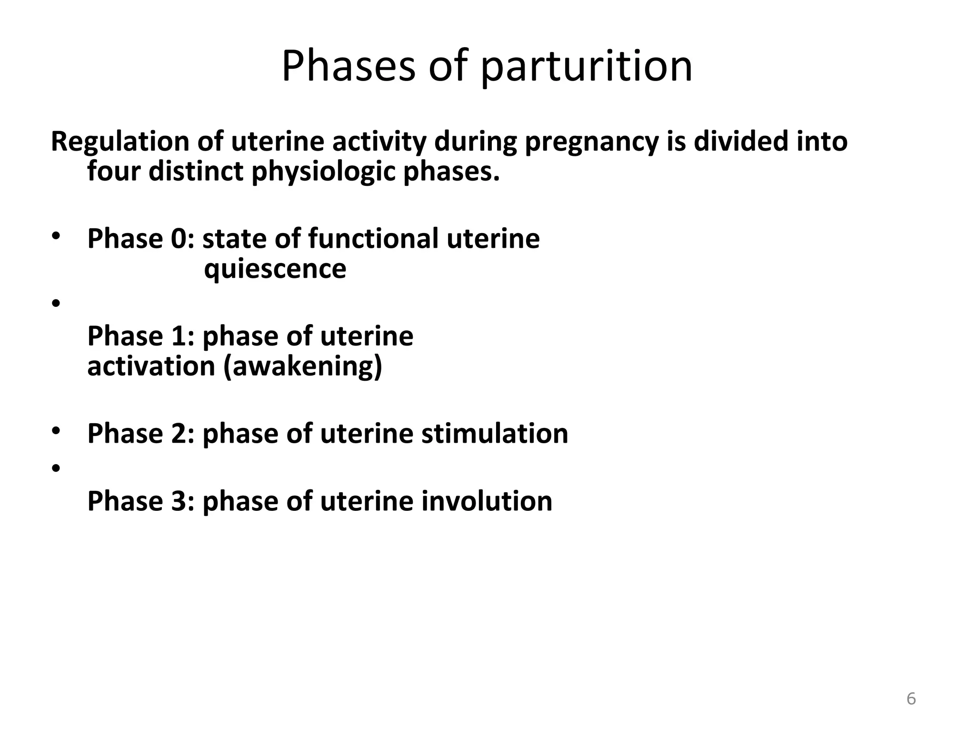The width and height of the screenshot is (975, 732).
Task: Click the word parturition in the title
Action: click(586, 67)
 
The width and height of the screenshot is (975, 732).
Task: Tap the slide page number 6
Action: click(911, 699)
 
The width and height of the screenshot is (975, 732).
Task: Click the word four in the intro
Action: click(114, 172)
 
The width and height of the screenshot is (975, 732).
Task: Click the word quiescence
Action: click(275, 269)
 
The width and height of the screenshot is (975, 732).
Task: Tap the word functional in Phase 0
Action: click(373, 238)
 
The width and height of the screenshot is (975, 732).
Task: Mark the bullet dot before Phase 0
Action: click(56, 236)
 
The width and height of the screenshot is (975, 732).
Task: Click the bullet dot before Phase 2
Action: click(56, 431)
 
